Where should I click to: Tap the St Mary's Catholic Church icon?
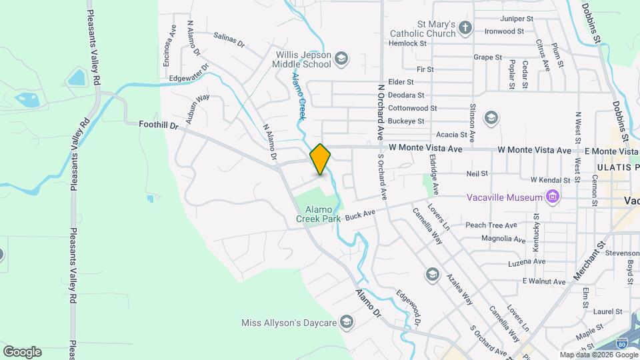[x=465, y=28]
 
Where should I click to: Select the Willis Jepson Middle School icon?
[x=342, y=59]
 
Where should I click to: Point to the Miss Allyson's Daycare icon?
[x=346, y=323]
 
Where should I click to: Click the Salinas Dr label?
[x=230, y=40]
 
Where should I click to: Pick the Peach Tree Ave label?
[x=491, y=225]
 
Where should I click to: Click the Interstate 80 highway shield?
[x=621, y=344]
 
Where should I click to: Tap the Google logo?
[x=22, y=352]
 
